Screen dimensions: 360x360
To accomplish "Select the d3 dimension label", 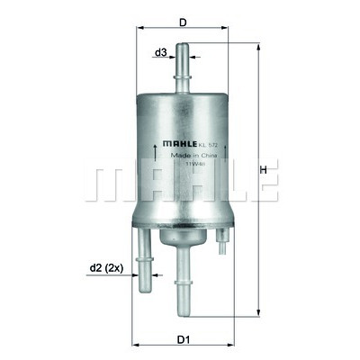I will [160, 53].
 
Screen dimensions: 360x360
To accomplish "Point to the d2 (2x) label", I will [107, 267].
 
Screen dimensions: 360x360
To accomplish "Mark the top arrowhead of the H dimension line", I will [258, 45].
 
